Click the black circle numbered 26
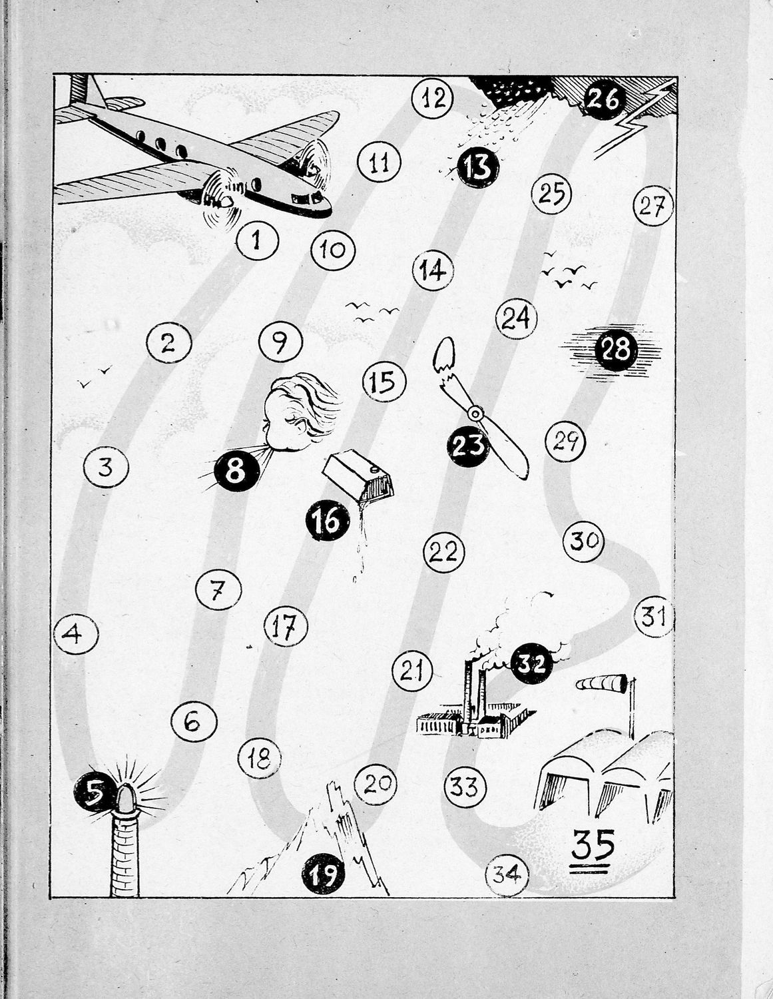coord(605,100)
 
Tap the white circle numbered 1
coord(258,240)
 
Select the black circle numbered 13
coord(478,167)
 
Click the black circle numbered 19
coord(323,873)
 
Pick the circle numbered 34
coord(507,874)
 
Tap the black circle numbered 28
coord(616,350)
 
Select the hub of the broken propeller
coord(475,414)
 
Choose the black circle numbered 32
coord(532,663)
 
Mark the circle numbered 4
coord(76,635)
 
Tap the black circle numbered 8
coord(236,472)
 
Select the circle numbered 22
coord(443,551)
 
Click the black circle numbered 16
coord(328,521)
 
